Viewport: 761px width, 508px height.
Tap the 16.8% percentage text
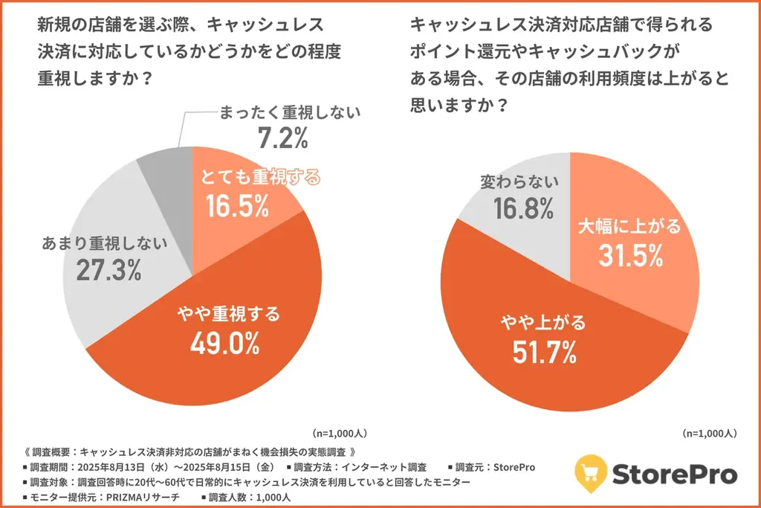click(x=523, y=209)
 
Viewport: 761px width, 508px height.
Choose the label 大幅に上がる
click(x=629, y=227)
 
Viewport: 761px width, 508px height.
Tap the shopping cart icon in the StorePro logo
click(x=592, y=472)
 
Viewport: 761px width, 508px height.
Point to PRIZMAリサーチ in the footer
click(x=137, y=496)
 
